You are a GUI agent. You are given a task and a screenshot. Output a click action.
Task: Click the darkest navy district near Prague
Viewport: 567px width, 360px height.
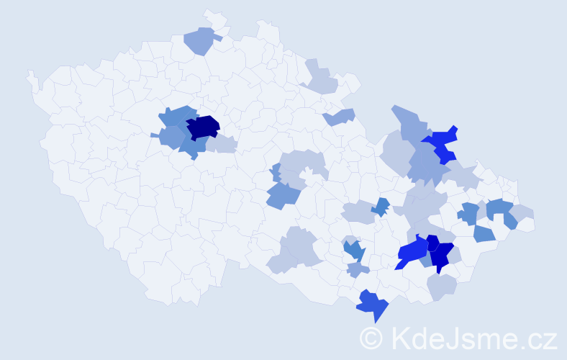(203, 126)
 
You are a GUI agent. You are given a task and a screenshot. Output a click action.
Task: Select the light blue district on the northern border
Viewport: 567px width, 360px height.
(200, 40)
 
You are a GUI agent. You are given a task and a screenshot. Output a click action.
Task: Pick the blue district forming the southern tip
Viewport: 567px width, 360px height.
(372, 305)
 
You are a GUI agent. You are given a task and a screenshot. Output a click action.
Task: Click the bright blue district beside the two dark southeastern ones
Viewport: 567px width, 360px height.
(412, 252)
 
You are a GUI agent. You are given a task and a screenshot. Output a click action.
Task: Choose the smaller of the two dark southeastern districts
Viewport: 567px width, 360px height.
(432, 243)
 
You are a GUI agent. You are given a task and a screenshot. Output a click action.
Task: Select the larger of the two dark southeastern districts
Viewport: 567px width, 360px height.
(443, 256)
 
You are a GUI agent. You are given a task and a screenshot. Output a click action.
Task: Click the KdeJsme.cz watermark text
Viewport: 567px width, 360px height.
(474, 337)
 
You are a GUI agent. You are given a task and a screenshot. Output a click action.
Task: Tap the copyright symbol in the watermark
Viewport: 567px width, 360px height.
(371, 338)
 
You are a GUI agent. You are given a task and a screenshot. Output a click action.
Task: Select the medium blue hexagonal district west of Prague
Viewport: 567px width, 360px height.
(171, 136)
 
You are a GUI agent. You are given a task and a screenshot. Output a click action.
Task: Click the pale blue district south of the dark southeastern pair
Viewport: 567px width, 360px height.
(441, 287)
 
